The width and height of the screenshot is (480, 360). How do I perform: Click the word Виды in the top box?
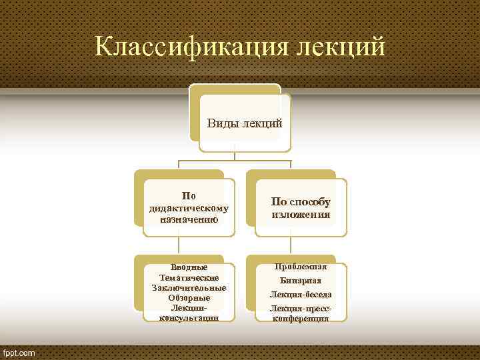(221, 123)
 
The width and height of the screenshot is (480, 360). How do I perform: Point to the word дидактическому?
(189, 207)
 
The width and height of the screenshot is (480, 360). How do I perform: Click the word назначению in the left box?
(189, 218)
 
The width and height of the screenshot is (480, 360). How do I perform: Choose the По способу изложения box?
(301, 207)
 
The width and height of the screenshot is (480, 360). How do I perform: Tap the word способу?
(308, 202)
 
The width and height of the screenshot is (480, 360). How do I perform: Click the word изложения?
(301, 215)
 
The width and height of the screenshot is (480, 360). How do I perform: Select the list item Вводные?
(189, 267)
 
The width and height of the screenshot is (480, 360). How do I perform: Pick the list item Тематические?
(189, 277)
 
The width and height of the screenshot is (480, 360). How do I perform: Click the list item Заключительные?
(189, 287)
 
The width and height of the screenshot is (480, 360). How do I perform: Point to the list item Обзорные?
(189, 297)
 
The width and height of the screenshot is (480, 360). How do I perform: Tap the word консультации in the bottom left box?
(189, 317)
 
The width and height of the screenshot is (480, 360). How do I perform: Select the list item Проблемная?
(301, 267)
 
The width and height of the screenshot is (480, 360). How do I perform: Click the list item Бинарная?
(301, 281)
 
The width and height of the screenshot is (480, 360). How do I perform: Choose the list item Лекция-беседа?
(301, 294)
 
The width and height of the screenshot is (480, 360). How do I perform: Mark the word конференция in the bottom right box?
(301, 318)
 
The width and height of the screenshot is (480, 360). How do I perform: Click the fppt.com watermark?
(21, 351)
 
